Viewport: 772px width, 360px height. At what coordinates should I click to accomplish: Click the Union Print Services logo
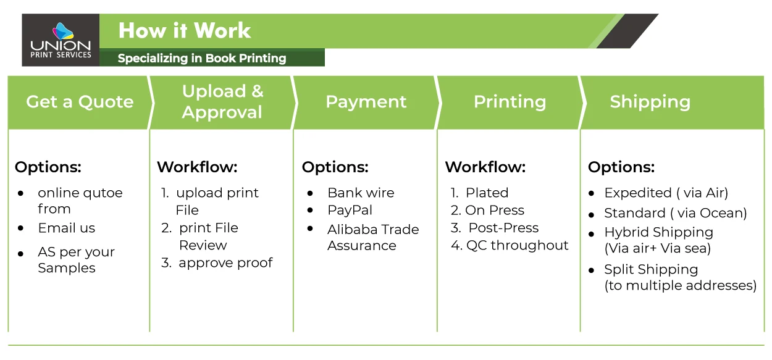pos(61,40)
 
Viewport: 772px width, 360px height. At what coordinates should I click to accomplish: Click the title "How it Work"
pos(184,30)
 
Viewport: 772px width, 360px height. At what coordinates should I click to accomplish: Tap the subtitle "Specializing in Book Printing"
pos(202,59)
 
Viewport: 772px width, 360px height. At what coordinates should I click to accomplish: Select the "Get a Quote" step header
pos(80,102)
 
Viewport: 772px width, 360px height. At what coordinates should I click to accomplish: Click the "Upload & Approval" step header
pos(222,102)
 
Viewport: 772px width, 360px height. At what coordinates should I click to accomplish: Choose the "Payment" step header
pos(366,102)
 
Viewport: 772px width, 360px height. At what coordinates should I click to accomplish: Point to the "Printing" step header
pos(510,102)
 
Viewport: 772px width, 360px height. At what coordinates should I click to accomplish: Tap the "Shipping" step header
pos(650,102)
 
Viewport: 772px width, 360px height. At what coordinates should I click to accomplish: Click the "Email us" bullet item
pos(67,228)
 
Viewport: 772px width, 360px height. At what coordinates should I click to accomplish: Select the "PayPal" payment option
pos(350,210)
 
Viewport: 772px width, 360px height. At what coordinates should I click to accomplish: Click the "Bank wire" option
pos(361,193)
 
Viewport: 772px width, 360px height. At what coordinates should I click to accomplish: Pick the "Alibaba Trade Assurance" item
pos(373,237)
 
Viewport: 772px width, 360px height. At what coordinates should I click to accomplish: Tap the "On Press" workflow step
pos(495,210)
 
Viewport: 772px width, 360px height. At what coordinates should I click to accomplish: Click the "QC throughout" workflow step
pos(517,245)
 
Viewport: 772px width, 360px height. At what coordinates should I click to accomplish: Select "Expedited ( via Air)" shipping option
pos(666,193)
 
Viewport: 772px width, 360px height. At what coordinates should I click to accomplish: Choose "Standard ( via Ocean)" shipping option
pos(675,213)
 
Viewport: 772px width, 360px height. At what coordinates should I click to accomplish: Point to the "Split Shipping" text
pos(651,269)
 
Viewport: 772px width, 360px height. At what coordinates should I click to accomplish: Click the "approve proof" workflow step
pos(225,262)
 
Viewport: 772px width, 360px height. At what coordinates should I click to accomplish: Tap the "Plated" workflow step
pos(487,193)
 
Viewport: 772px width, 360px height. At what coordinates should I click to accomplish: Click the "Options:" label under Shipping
pos(621,167)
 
